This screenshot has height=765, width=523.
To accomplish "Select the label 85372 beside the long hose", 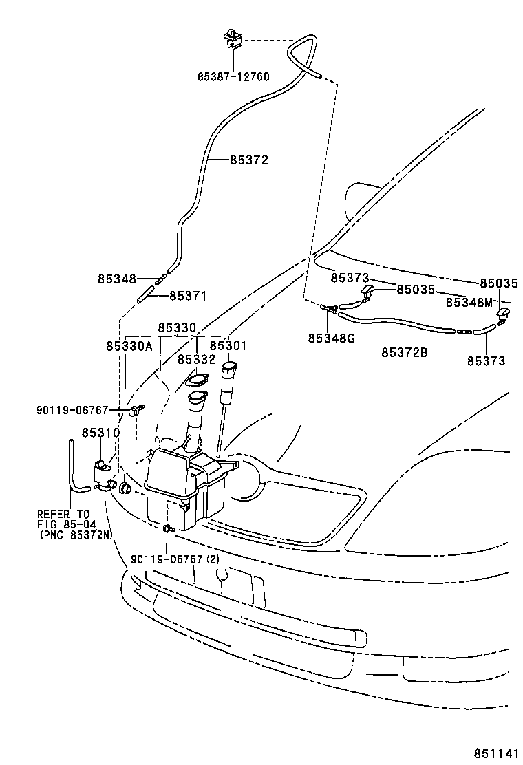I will click(248, 160).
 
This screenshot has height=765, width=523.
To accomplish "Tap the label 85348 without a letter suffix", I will click(116, 279).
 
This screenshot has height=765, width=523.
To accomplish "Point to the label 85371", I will click(188, 295).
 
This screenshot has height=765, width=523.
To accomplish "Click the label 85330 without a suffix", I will click(177, 328).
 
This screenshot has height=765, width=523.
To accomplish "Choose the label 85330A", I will click(129, 346).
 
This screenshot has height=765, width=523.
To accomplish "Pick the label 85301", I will click(228, 346).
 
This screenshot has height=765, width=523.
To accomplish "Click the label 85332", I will click(196, 359).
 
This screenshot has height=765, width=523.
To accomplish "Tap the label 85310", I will click(100, 433).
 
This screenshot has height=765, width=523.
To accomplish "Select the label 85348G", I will click(332, 338).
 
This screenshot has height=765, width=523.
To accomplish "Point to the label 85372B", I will click(405, 352).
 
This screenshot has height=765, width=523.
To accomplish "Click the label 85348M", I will click(469, 302).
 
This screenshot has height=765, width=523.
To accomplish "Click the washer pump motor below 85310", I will click(103, 473).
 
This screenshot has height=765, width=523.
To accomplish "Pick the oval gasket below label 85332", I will click(198, 380).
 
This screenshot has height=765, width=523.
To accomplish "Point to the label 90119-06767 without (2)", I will click(72, 410).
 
